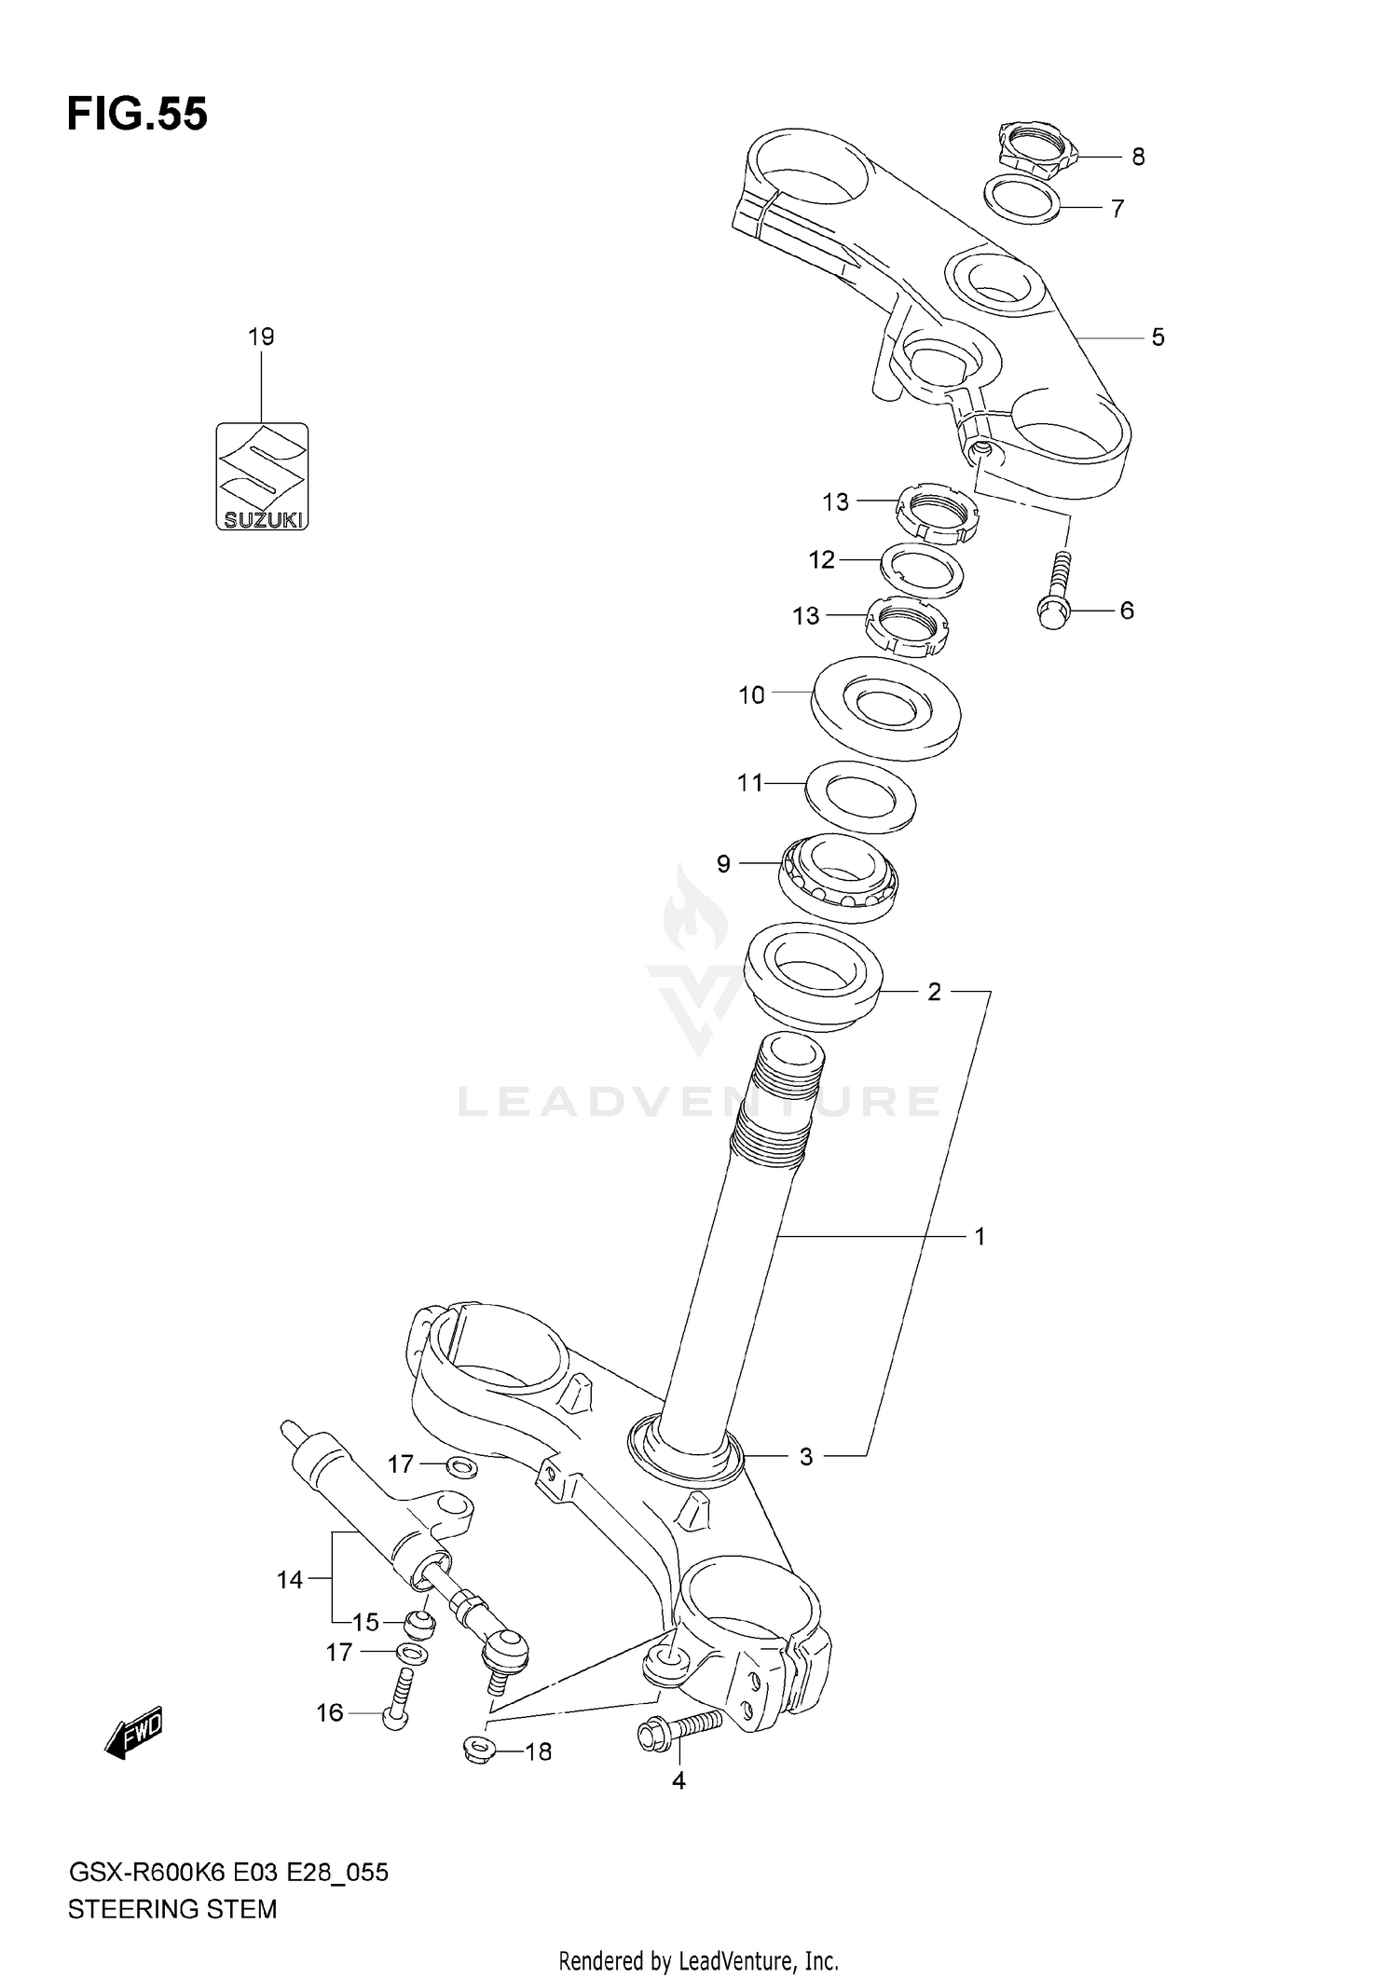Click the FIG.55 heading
[x=137, y=115]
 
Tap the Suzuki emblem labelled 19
[x=262, y=476]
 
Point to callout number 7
[x=1117, y=208]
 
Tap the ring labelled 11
[x=859, y=795]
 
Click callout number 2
[x=934, y=992]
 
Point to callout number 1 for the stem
[x=980, y=1236]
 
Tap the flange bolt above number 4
[x=679, y=1731]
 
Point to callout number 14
[x=290, y=1579]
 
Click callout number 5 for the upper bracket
[x=1158, y=337]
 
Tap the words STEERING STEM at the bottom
[x=172, y=1909]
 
